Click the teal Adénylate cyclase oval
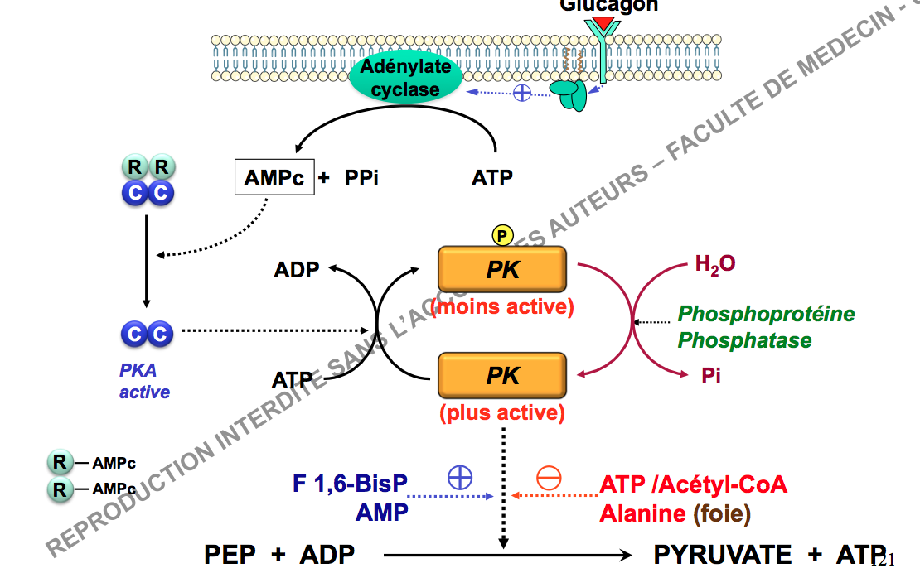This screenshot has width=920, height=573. (404, 78)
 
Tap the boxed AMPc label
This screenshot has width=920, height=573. (274, 177)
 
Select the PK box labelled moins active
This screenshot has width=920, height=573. (502, 270)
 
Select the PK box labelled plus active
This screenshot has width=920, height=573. (502, 376)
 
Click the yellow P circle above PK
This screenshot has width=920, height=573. (502, 236)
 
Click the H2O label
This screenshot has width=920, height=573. (715, 265)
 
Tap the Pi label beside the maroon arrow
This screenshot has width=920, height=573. (710, 376)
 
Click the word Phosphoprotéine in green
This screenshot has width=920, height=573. (766, 314)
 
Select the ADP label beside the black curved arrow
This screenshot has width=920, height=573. (296, 270)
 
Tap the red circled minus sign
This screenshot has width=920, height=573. (549, 478)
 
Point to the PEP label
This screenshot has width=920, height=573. (230, 554)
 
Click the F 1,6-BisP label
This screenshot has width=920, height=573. (351, 484)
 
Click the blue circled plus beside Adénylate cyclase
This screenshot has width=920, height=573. (522, 92)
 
